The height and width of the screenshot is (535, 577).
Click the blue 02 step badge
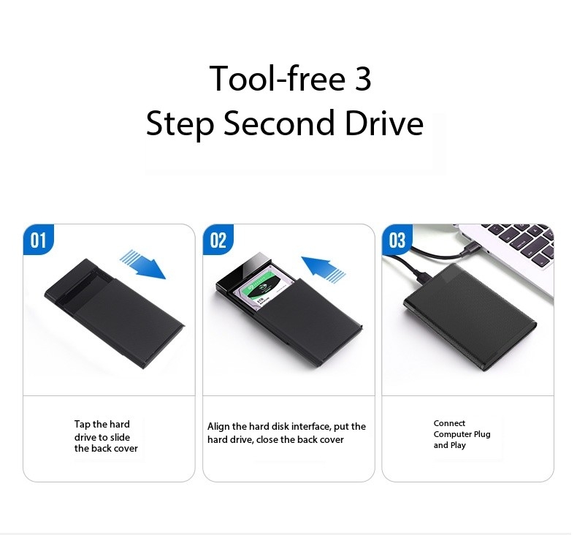coord(218,240)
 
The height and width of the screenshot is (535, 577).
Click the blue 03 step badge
coord(397,240)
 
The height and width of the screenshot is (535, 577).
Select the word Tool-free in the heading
coord(271,79)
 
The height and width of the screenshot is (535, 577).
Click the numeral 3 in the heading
coord(363,79)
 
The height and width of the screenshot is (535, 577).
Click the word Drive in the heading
coord(385,124)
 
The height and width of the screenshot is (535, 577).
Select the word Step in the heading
coord(180,124)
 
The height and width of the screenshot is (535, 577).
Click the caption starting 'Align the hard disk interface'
coord(286,433)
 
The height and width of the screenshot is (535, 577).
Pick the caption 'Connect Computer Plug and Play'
coord(462,434)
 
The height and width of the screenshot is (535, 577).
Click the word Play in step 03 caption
coord(458,445)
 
